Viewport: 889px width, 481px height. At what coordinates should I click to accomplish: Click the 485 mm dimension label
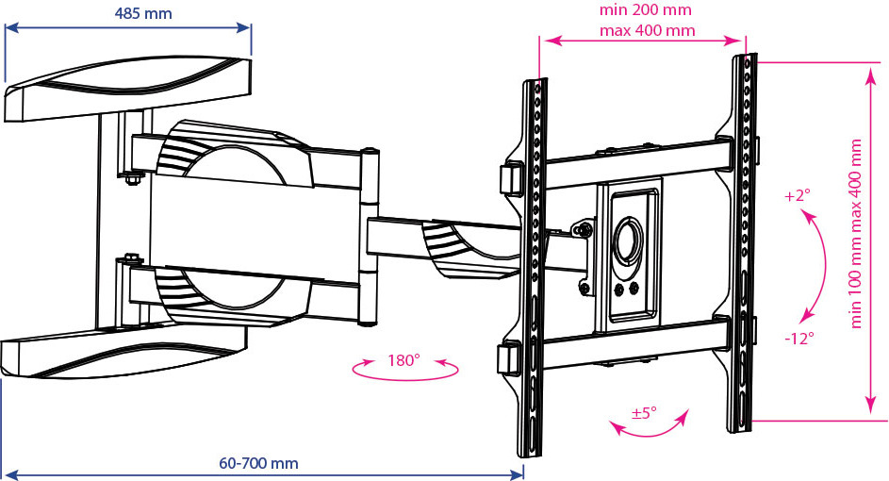click(143, 13)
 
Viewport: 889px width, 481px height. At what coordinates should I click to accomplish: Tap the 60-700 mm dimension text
click(258, 463)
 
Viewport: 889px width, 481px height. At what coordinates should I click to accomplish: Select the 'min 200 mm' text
click(646, 10)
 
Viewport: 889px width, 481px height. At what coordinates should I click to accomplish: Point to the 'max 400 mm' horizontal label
click(648, 30)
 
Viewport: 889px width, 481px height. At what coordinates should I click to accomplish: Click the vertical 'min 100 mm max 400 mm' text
click(856, 234)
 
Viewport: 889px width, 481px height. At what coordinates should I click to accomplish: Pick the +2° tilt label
click(798, 195)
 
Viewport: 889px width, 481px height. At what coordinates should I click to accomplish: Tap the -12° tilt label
click(799, 339)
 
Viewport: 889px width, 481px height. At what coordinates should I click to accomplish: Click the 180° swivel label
click(403, 360)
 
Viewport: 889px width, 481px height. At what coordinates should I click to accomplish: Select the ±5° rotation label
click(644, 412)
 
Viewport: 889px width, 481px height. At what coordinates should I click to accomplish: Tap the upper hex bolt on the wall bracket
click(131, 179)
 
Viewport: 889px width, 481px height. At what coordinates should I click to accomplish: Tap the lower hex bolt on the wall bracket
click(131, 259)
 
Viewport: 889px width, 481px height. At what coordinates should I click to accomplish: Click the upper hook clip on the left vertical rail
click(510, 178)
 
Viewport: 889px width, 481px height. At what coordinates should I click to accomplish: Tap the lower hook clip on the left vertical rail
click(509, 358)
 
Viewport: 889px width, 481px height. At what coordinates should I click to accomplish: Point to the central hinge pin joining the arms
click(370, 236)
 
